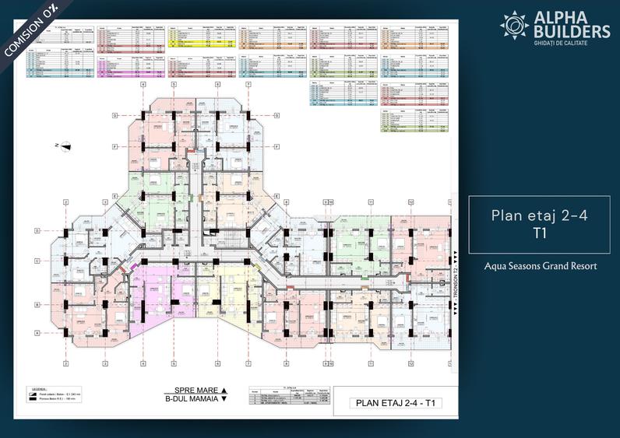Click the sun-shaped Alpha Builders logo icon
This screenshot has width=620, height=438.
point(515,24)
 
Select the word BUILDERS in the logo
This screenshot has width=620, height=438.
point(572,32)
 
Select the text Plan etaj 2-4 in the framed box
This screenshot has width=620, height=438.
point(538,215)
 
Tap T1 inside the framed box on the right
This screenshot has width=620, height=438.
point(538,232)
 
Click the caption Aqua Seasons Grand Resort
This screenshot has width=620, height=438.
point(538,266)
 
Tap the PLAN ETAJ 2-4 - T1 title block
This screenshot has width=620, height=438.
point(394,403)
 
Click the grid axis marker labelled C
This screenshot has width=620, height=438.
point(37,261)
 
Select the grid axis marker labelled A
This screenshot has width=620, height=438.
point(37,332)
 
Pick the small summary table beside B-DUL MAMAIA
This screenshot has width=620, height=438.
point(289,397)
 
